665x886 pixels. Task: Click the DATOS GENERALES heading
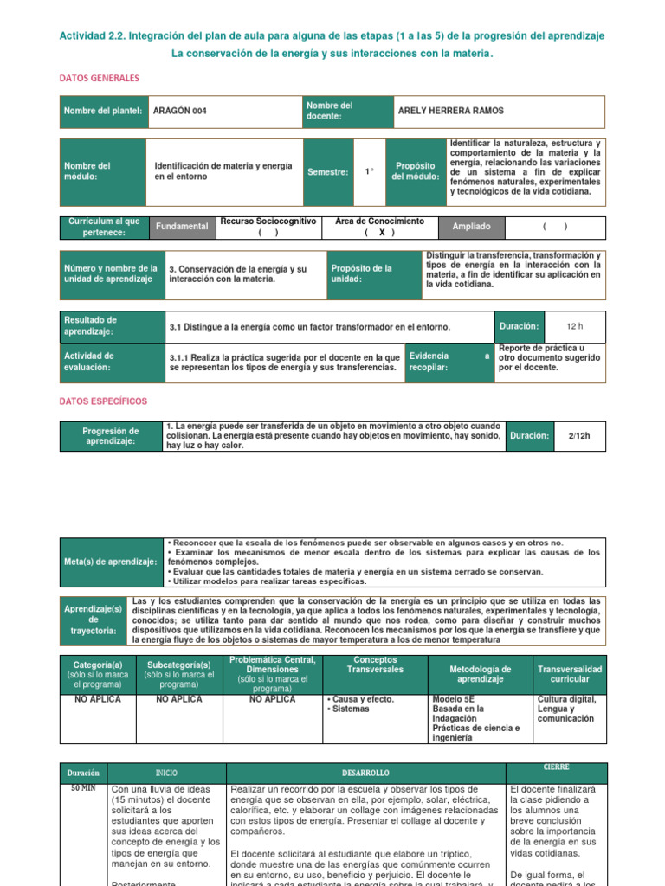coord(99,78)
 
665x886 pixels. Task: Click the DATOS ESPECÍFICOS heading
coord(103,401)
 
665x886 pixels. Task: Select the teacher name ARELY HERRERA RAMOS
coord(450,111)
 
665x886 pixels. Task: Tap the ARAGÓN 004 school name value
coord(180,111)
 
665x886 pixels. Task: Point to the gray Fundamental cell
coord(181,227)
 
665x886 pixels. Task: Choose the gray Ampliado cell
coord(471,227)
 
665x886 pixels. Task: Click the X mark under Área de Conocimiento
coord(380,232)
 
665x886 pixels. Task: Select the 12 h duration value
coord(575,326)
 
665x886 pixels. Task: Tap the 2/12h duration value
coord(579,435)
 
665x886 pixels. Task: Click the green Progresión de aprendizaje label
coord(111,436)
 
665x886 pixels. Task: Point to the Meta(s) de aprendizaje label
coord(110,562)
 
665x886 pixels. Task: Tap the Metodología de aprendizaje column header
coord(481,674)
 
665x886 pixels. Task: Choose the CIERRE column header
coord(556,767)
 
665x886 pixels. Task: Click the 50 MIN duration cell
coord(82,789)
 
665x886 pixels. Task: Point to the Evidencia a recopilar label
coord(449,361)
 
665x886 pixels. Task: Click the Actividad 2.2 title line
coord(332,35)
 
